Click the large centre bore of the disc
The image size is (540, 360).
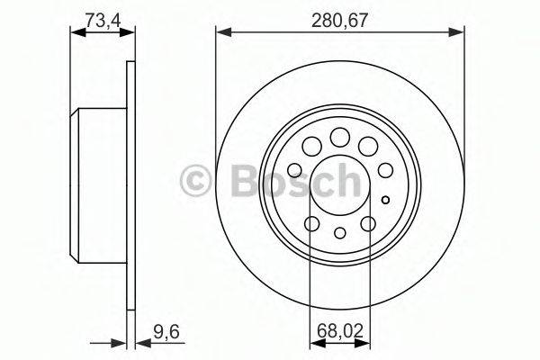click(x=339, y=184)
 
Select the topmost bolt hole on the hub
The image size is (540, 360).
click(x=339, y=137)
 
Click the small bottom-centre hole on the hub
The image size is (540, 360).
click(x=339, y=233)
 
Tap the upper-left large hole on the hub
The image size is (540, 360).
click(x=311, y=146)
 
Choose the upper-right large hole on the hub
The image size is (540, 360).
click(x=367, y=146)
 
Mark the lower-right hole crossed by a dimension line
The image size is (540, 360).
click(x=369, y=224)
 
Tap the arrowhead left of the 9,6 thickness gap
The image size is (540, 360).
click(x=122, y=342)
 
